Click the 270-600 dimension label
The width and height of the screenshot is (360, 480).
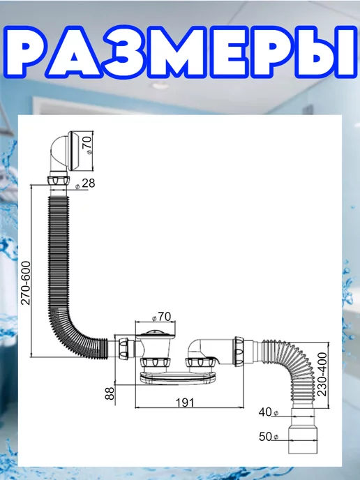click(x=26, y=283)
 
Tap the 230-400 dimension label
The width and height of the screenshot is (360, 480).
click(x=322, y=374)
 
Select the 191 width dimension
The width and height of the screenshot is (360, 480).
click(x=185, y=403)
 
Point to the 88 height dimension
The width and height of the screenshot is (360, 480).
click(x=110, y=393)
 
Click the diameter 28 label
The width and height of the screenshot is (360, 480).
click(x=85, y=183)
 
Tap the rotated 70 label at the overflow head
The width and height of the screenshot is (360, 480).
click(x=87, y=145)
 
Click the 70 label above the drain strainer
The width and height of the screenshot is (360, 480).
click(x=161, y=317)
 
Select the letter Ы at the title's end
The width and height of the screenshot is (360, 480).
click(x=325, y=52)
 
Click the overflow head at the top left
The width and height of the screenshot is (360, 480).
click(x=71, y=151)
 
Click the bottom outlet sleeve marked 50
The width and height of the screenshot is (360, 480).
click(x=303, y=440)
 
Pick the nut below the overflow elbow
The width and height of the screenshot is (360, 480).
click(x=59, y=180)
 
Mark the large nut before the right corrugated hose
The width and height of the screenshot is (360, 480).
click(x=239, y=351)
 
